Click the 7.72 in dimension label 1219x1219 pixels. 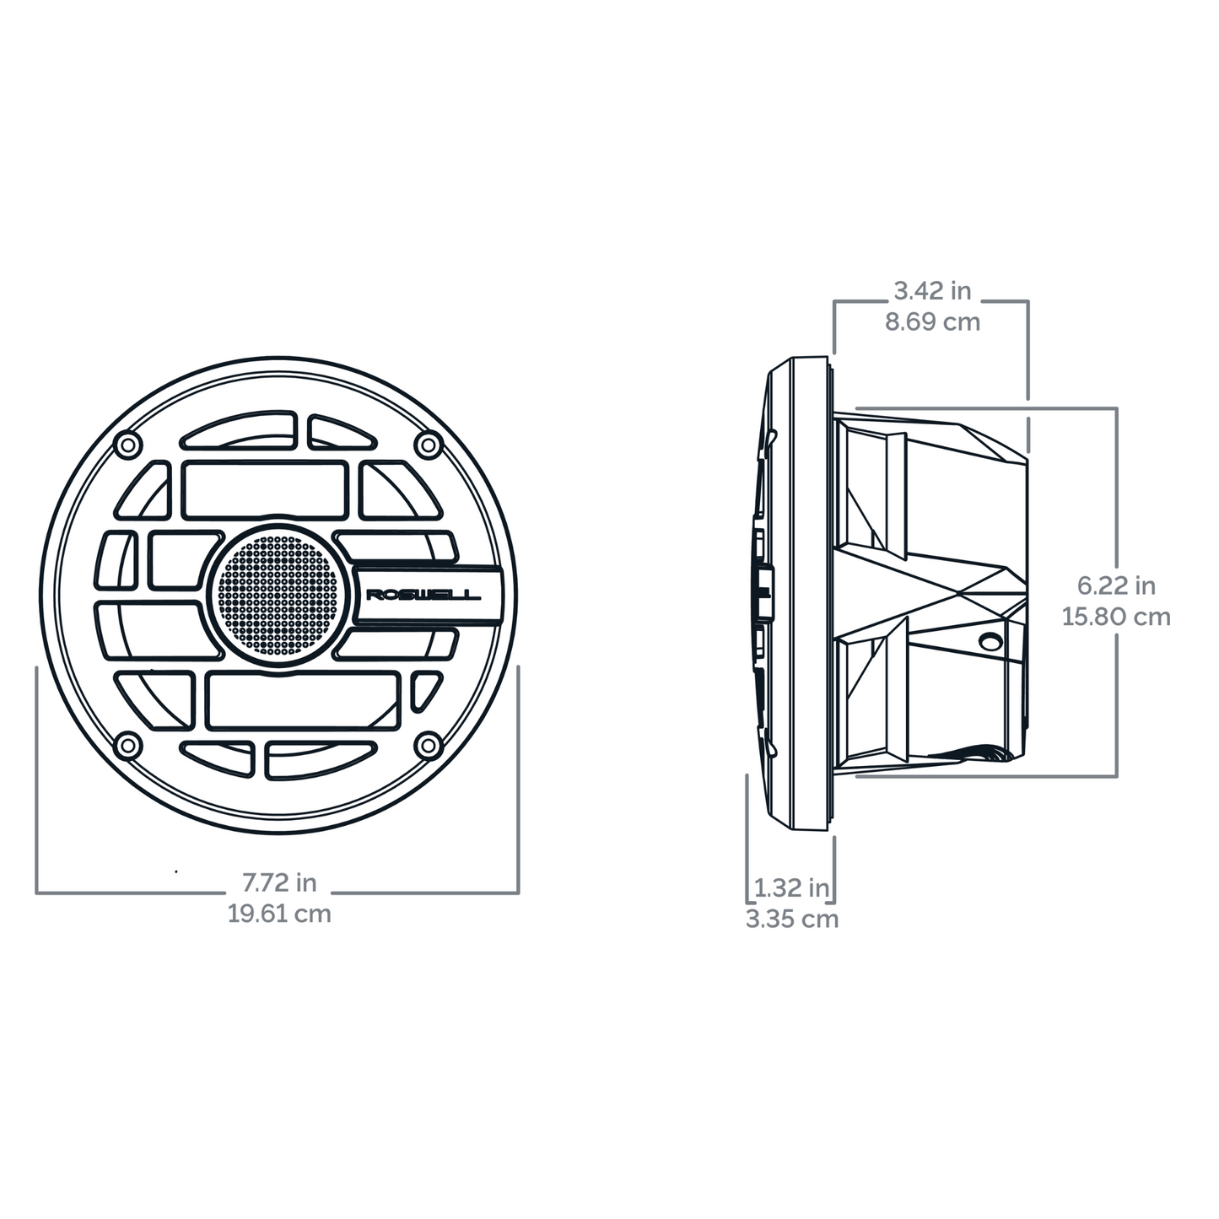279,882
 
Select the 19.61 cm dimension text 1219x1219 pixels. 279,913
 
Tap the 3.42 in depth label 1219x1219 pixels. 932,291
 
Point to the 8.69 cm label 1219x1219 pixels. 932,321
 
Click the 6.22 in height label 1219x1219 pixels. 1116,585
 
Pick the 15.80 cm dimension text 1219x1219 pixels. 1116,617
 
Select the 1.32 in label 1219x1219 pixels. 791,887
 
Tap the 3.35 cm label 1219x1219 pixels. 791,919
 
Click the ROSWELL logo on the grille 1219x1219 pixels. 423,596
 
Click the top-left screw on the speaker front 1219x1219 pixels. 127,443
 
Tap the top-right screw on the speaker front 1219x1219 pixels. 429,443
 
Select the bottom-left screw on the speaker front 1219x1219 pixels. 127,745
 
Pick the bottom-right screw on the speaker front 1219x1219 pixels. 429,745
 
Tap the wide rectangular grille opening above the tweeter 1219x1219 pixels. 265,489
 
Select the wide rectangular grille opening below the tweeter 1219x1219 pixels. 303,700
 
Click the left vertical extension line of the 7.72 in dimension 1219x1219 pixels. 36,776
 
